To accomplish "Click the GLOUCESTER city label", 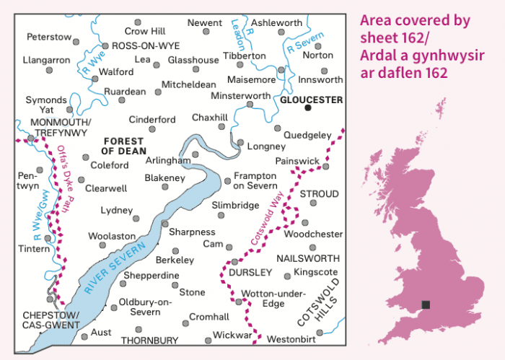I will tap(312, 100).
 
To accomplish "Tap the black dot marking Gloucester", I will tap(308, 108).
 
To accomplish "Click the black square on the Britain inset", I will tap(426, 305).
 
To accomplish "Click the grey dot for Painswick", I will tap(325, 167).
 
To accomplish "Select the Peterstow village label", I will tap(49, 36).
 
